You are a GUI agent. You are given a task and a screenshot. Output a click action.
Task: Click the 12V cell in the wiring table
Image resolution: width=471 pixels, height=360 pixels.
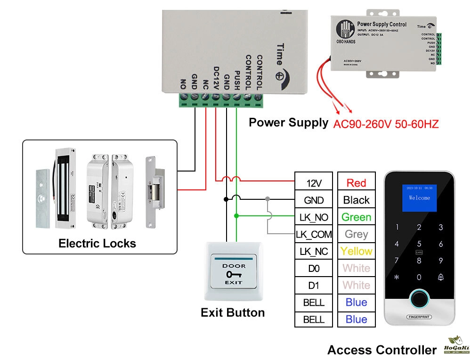click(x=314, y=183)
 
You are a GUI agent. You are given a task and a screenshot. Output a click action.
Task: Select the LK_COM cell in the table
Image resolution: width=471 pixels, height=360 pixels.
click(x=314, y=234)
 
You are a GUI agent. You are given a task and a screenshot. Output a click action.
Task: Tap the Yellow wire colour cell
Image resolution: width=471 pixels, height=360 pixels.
click(x=356, y=251)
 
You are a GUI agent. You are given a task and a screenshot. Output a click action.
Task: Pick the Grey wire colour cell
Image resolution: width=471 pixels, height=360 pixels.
click(x=356, y=234)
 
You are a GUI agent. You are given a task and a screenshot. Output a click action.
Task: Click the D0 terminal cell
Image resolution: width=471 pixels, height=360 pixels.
click(x=314, y=269)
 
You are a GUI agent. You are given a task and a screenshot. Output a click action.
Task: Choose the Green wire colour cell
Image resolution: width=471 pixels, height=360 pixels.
click(x=356, y=217)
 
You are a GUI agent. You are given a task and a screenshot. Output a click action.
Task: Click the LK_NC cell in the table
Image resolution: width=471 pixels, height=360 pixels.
click(x=314, y=252)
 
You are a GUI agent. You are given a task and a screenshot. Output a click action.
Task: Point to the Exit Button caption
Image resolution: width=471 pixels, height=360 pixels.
click(x=233, y=312)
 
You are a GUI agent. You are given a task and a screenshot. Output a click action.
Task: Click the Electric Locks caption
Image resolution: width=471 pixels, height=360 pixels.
click(x=97, y=244)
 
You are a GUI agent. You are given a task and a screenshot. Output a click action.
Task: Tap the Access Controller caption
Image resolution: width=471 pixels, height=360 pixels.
click(x=382, y=350)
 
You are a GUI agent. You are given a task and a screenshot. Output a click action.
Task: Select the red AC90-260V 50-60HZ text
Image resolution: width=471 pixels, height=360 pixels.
click(x=386, y=124)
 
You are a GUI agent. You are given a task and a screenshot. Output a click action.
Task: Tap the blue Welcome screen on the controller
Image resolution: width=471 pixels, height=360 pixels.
click(x=419, y=198)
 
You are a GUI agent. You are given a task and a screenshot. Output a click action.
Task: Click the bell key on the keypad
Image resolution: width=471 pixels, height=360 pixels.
click(x=441, y=277)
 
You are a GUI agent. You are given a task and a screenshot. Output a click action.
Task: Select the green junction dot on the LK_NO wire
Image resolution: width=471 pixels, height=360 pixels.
click(x=236, y=216)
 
